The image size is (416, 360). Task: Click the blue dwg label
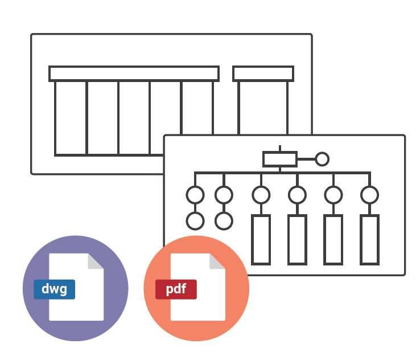54,289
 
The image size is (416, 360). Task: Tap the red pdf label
176,289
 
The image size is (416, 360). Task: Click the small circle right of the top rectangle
322,159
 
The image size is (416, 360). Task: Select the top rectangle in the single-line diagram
279,159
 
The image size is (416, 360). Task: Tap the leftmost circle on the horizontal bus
195,195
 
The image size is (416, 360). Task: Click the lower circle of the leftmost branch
195,221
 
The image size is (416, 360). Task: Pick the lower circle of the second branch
224,221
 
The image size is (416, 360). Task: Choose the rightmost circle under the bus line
369,195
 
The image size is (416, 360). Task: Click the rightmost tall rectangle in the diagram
369,240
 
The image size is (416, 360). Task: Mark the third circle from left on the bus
261,195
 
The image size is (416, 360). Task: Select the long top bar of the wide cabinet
134,73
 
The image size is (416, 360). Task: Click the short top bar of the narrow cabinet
263,73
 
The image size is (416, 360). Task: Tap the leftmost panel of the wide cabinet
71,117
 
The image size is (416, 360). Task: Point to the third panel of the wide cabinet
134,117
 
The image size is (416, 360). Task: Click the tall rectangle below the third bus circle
261,240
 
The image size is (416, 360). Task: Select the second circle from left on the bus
224,195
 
